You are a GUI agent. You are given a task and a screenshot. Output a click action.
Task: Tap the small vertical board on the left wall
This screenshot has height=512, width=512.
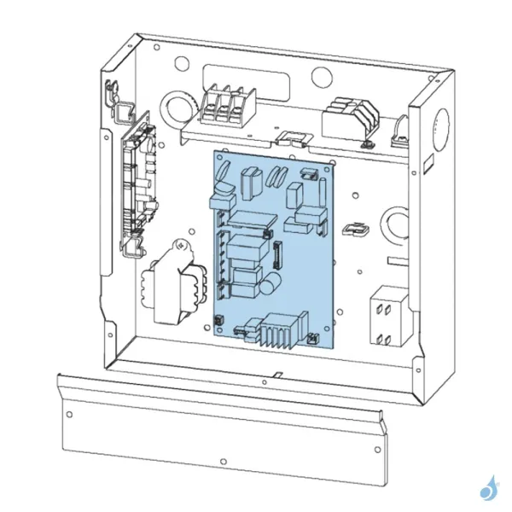(139, 183)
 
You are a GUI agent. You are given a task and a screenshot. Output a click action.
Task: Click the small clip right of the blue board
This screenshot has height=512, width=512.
(353, 230)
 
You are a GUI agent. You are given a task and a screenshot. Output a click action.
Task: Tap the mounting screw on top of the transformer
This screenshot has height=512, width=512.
(181, 246)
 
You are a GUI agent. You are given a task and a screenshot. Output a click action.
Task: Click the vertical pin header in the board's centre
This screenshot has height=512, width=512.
(276, 253)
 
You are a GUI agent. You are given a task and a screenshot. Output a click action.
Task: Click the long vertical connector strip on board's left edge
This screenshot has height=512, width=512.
(221, 256)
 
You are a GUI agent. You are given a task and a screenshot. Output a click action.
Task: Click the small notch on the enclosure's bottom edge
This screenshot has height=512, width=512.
(279, 375)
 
